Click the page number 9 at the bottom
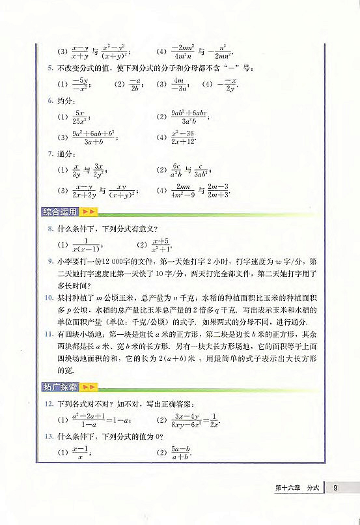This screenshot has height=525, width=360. [x=334, y=487]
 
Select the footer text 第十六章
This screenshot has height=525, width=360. [x=288, y=487]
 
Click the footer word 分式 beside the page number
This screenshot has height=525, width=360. [x=314, y=487]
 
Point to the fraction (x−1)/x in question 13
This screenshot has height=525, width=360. [x=79, y=452]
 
